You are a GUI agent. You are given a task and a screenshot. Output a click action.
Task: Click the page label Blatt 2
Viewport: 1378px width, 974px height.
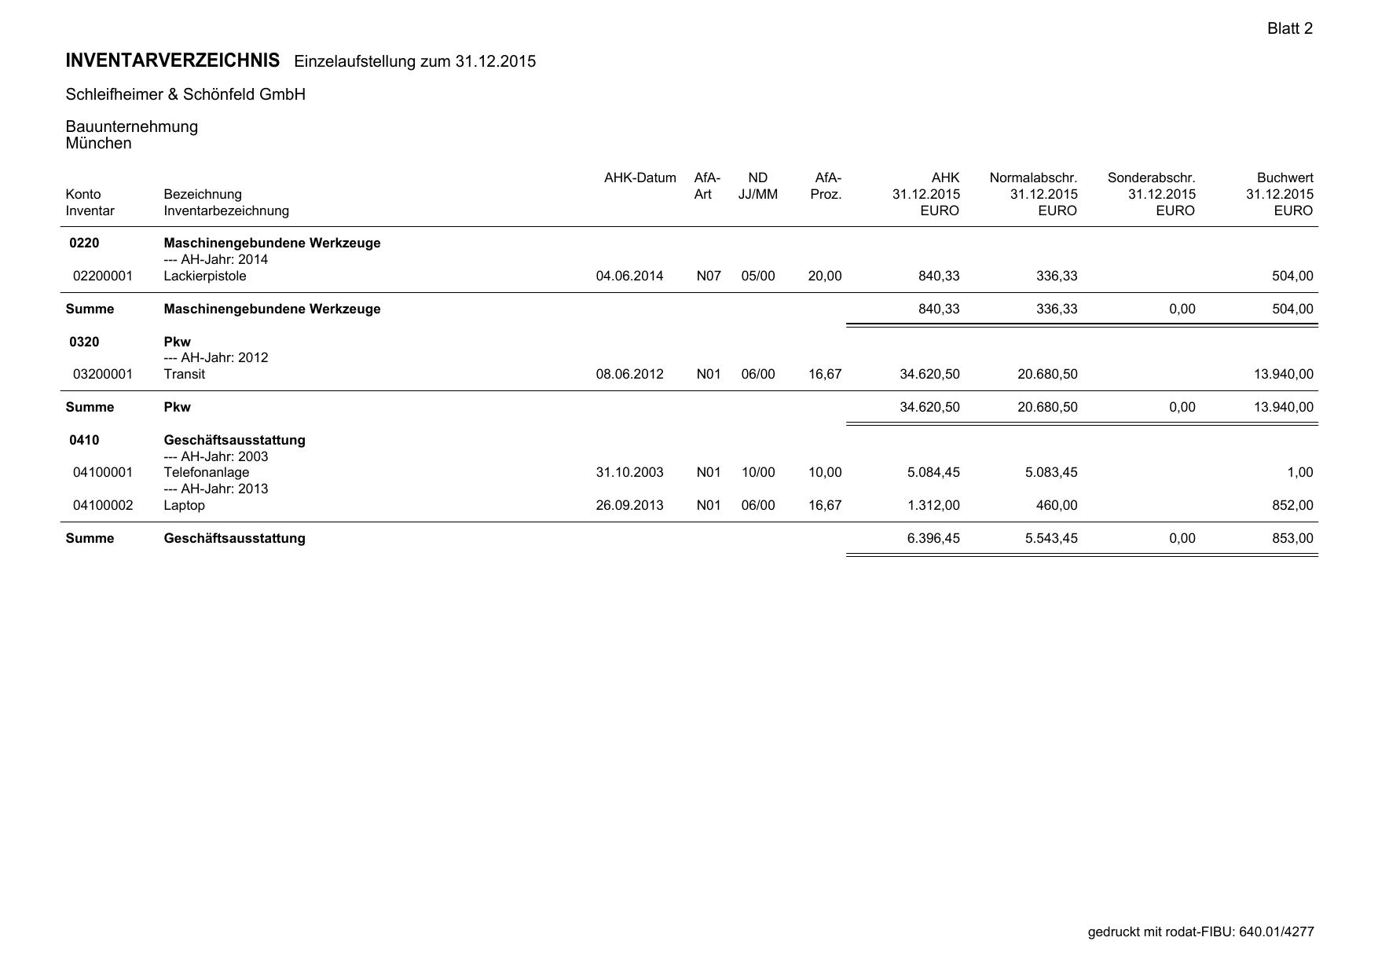1289,29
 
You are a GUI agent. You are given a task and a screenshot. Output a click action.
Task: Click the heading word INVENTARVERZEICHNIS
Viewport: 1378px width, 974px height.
173,60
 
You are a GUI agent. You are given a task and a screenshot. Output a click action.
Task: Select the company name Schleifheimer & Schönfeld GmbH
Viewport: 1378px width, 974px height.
185,94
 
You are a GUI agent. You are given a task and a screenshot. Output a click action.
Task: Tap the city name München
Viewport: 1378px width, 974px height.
99,143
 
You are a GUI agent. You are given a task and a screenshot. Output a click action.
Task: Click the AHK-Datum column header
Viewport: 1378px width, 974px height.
640,178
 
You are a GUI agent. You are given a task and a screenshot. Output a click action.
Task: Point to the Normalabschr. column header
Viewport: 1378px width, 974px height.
1033,178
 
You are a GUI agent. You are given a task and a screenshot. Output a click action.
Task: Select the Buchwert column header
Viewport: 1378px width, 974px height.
1285,178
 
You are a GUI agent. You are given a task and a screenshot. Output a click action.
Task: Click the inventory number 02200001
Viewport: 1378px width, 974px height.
102,276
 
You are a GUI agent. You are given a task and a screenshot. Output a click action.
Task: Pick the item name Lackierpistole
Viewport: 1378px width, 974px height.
205,276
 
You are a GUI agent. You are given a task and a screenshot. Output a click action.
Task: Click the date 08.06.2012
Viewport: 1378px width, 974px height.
629,374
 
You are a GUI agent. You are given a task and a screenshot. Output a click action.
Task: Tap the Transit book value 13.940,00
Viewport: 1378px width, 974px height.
1283,374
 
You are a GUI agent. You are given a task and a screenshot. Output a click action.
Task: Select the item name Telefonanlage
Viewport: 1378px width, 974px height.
207,472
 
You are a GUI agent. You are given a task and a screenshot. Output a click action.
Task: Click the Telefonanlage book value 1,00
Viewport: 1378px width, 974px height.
1299,472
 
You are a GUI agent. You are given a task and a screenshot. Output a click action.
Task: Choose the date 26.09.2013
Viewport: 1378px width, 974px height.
629,505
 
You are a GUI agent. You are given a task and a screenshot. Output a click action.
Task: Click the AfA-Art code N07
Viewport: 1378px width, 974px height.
708,276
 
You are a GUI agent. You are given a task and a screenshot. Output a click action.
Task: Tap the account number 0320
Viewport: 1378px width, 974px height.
84,342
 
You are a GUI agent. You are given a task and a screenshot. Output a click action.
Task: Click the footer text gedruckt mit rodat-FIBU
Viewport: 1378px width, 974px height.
1161,932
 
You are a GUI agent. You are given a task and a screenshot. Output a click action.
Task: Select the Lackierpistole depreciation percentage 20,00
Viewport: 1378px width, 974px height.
825,276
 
